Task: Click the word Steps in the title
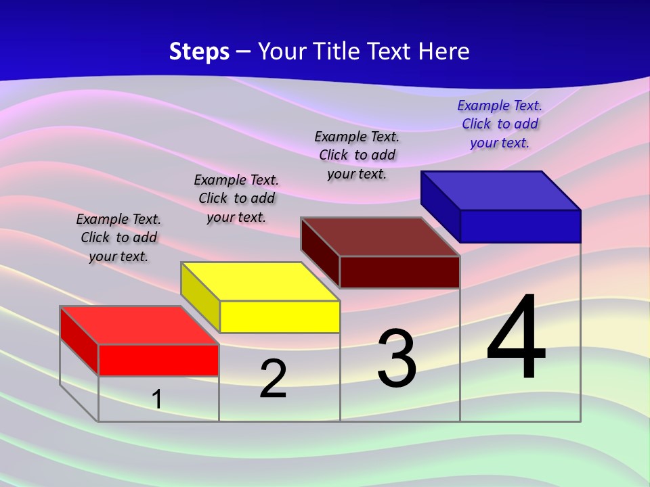[x=199, y=51]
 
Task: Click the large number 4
[x=516, y=338]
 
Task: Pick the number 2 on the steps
[x=273, y=378]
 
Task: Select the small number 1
[x=156, y=399]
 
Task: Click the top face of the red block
[x=139, y=325]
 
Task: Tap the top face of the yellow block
[x=259, y=281]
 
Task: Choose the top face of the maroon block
[x=380, y=237]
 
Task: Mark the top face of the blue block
[x=500, y=191]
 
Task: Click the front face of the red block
[x=158, y=360]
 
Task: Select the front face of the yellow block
[x=280, y=317]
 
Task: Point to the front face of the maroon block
[x=399, y=272]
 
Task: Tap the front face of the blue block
[x=520, y=226]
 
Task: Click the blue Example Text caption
[x=500, y=124]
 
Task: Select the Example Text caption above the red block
[x=118, y=237]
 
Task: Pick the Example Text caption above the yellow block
[x=236, y=198]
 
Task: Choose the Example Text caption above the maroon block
[x=357, y=155]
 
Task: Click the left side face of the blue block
[x=440, y=206]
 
